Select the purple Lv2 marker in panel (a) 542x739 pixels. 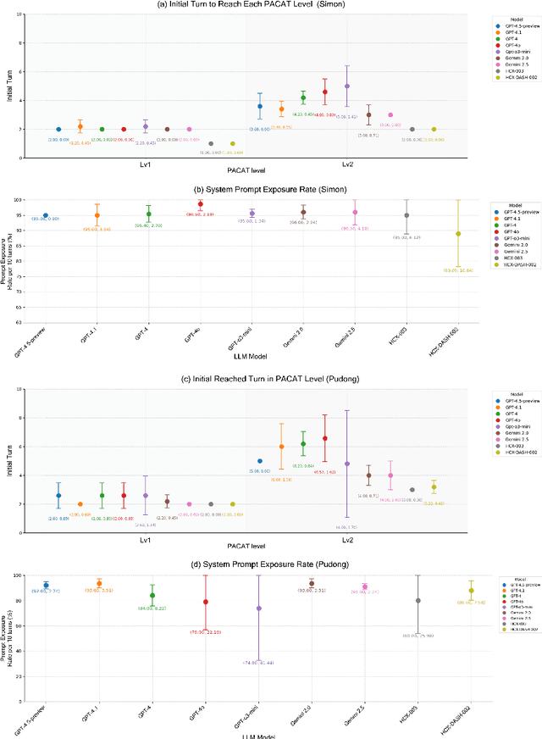(346, 86)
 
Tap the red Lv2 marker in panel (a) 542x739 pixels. (324, 92)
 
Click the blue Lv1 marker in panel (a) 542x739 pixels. (58, 129)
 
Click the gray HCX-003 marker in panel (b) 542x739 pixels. (406, 215)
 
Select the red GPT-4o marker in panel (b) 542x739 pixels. (200, 204)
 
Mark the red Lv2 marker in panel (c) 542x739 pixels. (324, 438)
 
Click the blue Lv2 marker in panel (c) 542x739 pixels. (259, 461)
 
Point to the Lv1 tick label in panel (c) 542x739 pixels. (146, 539)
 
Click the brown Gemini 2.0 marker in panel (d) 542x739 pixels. (311, 583)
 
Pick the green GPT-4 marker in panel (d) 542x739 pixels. (152, 595)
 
